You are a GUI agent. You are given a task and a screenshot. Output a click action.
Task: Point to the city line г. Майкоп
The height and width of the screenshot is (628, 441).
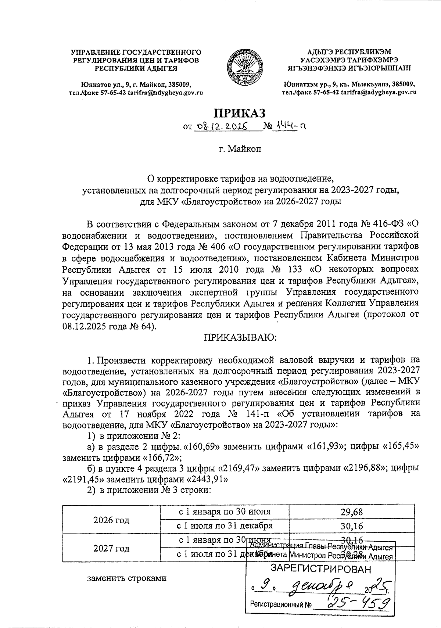coord(240,149)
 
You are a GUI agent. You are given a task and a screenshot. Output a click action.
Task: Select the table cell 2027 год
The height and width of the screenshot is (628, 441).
coord(111,548)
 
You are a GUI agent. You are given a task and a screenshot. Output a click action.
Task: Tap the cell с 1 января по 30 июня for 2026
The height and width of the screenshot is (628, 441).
coord(225,512)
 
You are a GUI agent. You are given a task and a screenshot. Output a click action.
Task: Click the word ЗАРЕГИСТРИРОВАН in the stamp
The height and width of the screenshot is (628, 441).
coord(320,570)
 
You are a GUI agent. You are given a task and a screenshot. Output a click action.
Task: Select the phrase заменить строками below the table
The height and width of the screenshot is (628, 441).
coord(126,578)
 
